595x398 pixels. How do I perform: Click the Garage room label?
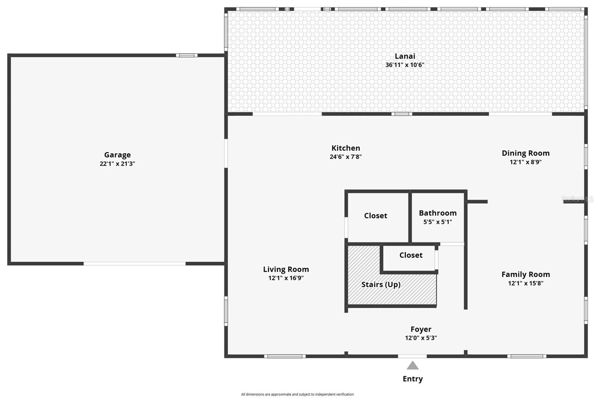click(118, 155)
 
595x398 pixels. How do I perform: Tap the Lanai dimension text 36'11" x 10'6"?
click(405, 65)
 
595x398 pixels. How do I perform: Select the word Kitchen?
click(345, 148)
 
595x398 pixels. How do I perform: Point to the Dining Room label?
click(525, 153)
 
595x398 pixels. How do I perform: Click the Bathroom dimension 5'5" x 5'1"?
click(437, 222)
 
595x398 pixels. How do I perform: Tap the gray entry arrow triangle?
click(412, 365)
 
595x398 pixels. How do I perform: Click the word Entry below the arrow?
click(412, 379)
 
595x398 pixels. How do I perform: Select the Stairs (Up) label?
click(381, 284)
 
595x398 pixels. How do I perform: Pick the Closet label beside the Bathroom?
click(375, 216)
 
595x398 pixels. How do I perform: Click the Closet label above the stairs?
click(411, 255)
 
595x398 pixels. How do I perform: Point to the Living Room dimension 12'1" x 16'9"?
click(286, 278)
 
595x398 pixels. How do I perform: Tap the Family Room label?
click(525, 274)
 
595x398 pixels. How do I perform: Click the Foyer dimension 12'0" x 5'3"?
click(421, 338)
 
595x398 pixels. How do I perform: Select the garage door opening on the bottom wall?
click(134, 264)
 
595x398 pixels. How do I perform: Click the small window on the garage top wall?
click(186, 55)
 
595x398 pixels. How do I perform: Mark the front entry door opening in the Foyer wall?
click(412, 356)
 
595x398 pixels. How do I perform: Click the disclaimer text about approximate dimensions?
click(297, 394)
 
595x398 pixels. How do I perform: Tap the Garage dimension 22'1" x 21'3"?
click(118, 164)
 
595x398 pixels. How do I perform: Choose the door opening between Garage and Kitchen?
click(226, 154)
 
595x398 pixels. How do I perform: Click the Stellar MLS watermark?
click(577, 199)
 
